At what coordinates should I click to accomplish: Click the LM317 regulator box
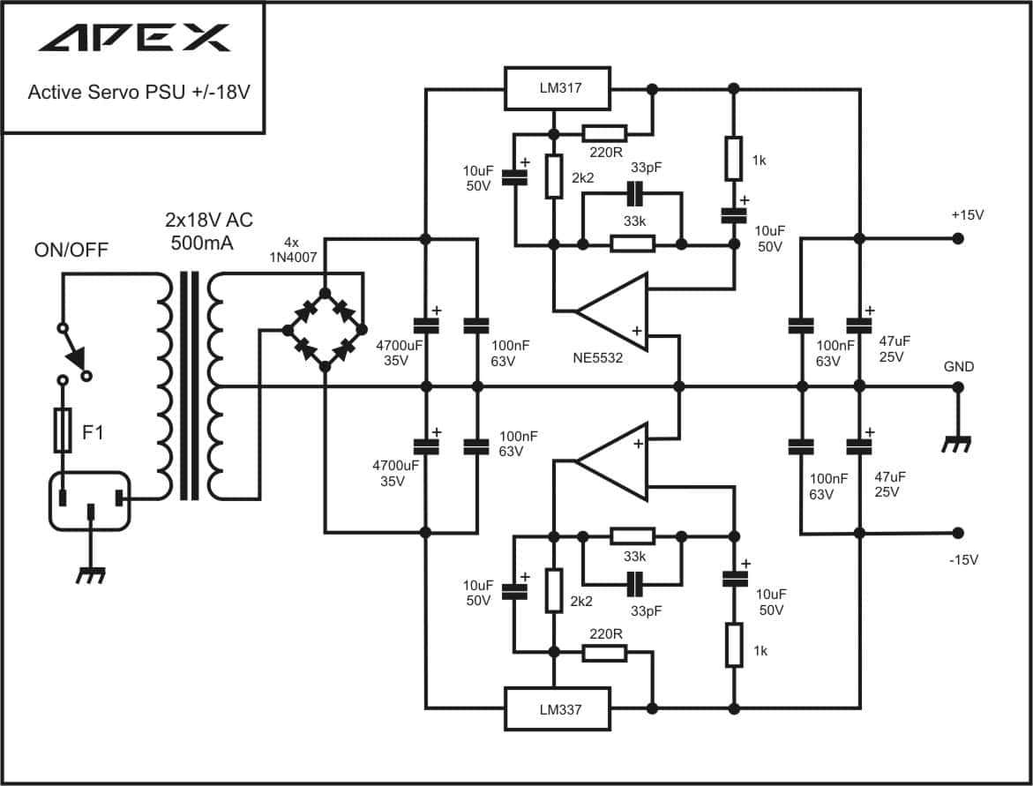(x=558, y=87)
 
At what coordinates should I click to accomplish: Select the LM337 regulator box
(x=558, y=709)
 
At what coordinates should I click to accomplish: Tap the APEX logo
(x=135, y=38)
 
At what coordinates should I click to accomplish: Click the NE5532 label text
(x=597, y=358)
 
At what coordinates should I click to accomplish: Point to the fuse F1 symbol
(x=63, y=430)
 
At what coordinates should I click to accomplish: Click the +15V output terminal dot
(x=958, y=238)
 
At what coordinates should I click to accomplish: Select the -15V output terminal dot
(x=958, y=533)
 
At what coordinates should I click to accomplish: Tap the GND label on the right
(x=959, y=366)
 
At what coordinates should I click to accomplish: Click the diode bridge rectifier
(x=325, y=329)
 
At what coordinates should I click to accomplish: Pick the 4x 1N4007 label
(x=293, y=250)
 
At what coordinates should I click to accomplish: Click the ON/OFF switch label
(x=71, y=251)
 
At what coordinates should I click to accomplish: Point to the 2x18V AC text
(x=209, y=220)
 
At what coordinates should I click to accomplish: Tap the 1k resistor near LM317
(x=734, y=159)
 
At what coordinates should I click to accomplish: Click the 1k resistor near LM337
(x=734, y=644)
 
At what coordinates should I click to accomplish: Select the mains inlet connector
(x=90, y=501)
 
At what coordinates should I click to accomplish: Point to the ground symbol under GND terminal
(x=956, y=445)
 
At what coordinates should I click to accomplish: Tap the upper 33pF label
(x=646, y=168)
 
